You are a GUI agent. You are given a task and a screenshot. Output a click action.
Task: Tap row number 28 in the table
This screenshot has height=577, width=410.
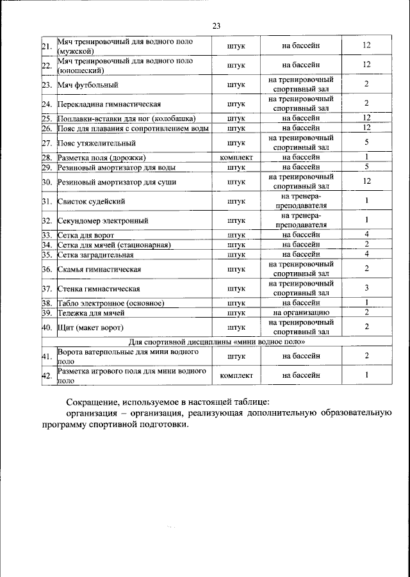(47, 157)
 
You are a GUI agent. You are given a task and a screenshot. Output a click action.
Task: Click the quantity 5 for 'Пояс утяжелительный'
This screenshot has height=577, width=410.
(366, 142)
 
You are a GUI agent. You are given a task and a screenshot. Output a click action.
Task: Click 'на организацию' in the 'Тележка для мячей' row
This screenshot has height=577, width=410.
(301, 313)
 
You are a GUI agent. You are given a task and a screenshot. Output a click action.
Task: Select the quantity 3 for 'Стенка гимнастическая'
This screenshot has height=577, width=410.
(366, 288)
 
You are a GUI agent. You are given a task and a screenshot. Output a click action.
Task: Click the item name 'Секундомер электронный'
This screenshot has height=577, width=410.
(102, 220)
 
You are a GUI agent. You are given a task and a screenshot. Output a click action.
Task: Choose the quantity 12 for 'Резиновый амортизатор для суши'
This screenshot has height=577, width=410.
(366, 182)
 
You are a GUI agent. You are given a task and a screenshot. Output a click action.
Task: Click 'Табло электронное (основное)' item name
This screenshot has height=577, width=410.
(111, 303)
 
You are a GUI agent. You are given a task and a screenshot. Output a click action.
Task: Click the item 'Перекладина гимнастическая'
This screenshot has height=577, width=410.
(108, 104)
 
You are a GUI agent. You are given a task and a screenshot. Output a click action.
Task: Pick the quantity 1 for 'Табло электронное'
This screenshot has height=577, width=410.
(366, 303)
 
